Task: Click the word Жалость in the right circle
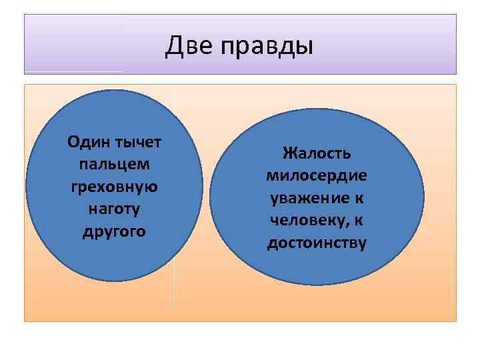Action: coord(317,153)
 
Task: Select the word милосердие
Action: coord(317,176)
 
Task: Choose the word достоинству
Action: coord(317,243)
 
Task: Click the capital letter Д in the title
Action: coord(174,46)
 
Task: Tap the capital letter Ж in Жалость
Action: coord(288,153)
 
